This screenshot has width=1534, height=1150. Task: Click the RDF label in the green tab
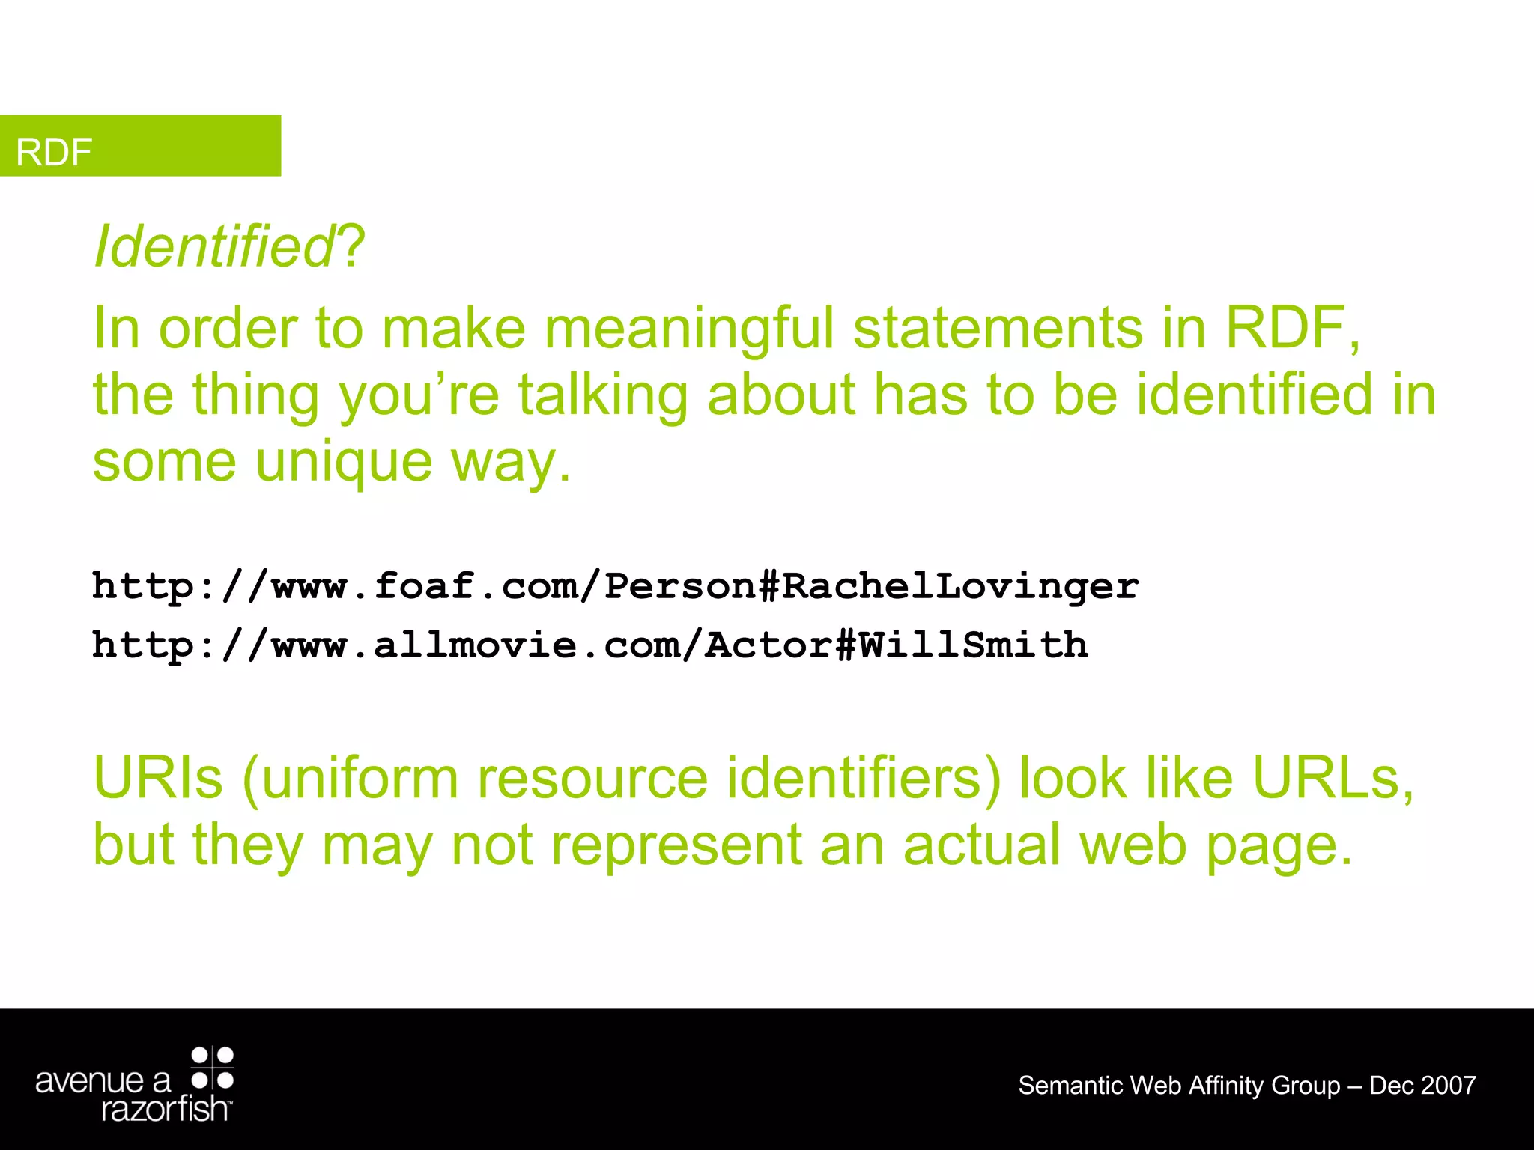click(54, 152)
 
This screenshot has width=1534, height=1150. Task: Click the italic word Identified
click(213, 246)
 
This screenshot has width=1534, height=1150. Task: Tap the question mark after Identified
click(351, 246)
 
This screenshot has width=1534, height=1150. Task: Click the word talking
click(603, 395)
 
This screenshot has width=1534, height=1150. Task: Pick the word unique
click(344, 463)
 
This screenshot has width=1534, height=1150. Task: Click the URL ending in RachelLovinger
click(615, 586)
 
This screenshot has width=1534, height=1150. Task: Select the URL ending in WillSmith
click(589, 645)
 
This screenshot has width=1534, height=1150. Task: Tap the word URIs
click(158, 779)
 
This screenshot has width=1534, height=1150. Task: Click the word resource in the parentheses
click(592, 779)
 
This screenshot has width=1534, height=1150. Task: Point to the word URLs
click(1333, 779)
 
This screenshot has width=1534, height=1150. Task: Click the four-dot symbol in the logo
click(213, 1068)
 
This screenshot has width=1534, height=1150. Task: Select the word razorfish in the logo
click(165, 1109)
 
